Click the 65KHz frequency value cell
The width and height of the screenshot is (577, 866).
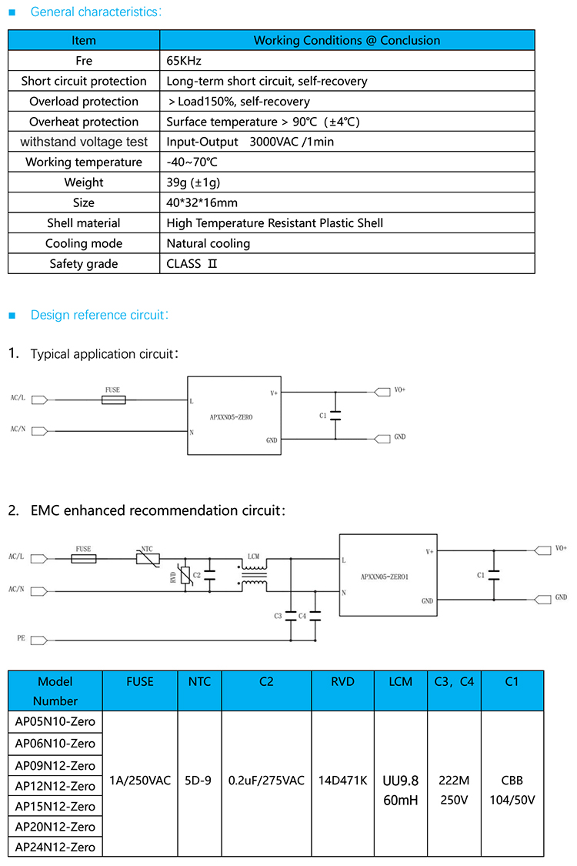185,61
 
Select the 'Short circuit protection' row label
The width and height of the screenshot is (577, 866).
84,81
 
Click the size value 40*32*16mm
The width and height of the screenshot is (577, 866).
202,202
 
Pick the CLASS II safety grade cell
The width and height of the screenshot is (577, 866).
192,263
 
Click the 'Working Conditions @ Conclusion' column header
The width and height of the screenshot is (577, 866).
347,40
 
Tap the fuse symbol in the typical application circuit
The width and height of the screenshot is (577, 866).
114,400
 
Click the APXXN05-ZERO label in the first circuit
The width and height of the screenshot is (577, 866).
231,416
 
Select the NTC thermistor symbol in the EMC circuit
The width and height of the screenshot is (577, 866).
148,559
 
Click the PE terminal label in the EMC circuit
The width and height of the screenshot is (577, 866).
21,639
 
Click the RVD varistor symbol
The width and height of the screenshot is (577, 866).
185,574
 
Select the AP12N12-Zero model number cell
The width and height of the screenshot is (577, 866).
55,786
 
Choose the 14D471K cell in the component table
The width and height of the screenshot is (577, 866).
342,780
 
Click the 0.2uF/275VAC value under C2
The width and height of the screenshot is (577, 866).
266,780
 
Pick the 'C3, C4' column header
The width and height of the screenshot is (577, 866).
454,681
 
